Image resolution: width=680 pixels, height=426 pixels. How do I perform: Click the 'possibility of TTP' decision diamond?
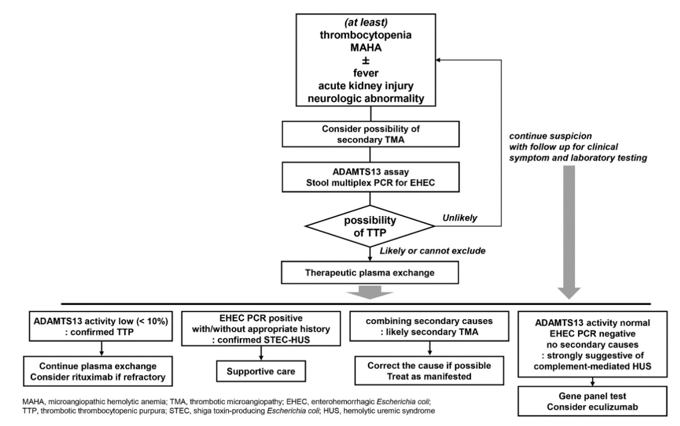tap(370, 226)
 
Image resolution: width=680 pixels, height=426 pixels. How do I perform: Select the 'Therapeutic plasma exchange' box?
tap(370, 273)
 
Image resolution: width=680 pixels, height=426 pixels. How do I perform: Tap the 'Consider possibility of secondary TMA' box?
tap(370, 134)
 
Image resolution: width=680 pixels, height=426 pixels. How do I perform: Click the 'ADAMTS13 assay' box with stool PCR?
tap(370, 177)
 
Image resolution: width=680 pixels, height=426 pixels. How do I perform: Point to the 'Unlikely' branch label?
tap(460, 218)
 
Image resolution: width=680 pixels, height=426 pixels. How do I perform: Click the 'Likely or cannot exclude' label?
tap(433, 251)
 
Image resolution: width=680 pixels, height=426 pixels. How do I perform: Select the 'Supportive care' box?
tap(260, 371)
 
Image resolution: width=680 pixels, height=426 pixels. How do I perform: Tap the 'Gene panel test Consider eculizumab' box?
tap(592, 401)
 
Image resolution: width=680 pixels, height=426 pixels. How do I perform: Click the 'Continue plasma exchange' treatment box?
tap(98, 371)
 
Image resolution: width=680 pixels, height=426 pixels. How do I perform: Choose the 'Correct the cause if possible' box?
tap(430, 371)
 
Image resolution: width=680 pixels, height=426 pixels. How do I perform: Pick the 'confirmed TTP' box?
tap(101, 326)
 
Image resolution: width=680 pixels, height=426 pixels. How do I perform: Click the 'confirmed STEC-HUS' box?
tap(260, 328)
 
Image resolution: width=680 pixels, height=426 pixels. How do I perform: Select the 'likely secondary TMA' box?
tap(430, 326)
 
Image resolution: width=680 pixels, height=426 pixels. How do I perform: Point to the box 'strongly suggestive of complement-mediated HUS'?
tap(592, 344)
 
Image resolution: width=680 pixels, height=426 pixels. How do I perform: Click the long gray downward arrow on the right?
tap(568, 232)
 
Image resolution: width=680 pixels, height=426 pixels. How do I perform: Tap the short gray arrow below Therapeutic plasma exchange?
tap(370, 293)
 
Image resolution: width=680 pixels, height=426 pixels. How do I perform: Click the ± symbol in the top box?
tap(366, 61)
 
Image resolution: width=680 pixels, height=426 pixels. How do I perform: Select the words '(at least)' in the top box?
tap(366, 22)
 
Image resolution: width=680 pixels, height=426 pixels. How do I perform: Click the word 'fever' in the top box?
tap(366, 73)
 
